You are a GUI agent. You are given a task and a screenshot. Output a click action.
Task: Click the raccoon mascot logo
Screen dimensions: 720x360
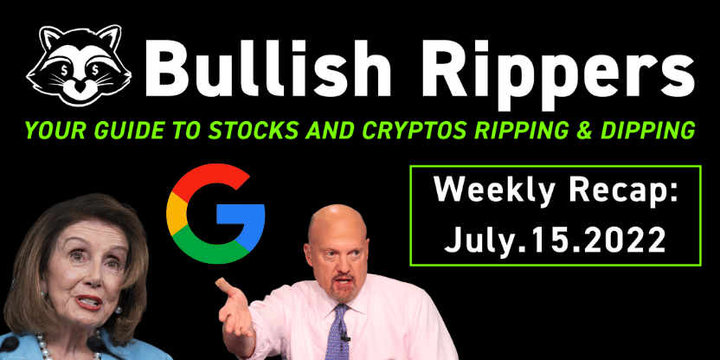point(79,66)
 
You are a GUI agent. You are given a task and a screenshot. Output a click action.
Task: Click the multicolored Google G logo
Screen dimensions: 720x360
point(215,213)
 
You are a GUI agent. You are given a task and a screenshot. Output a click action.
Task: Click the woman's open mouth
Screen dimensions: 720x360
point(88,301)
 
